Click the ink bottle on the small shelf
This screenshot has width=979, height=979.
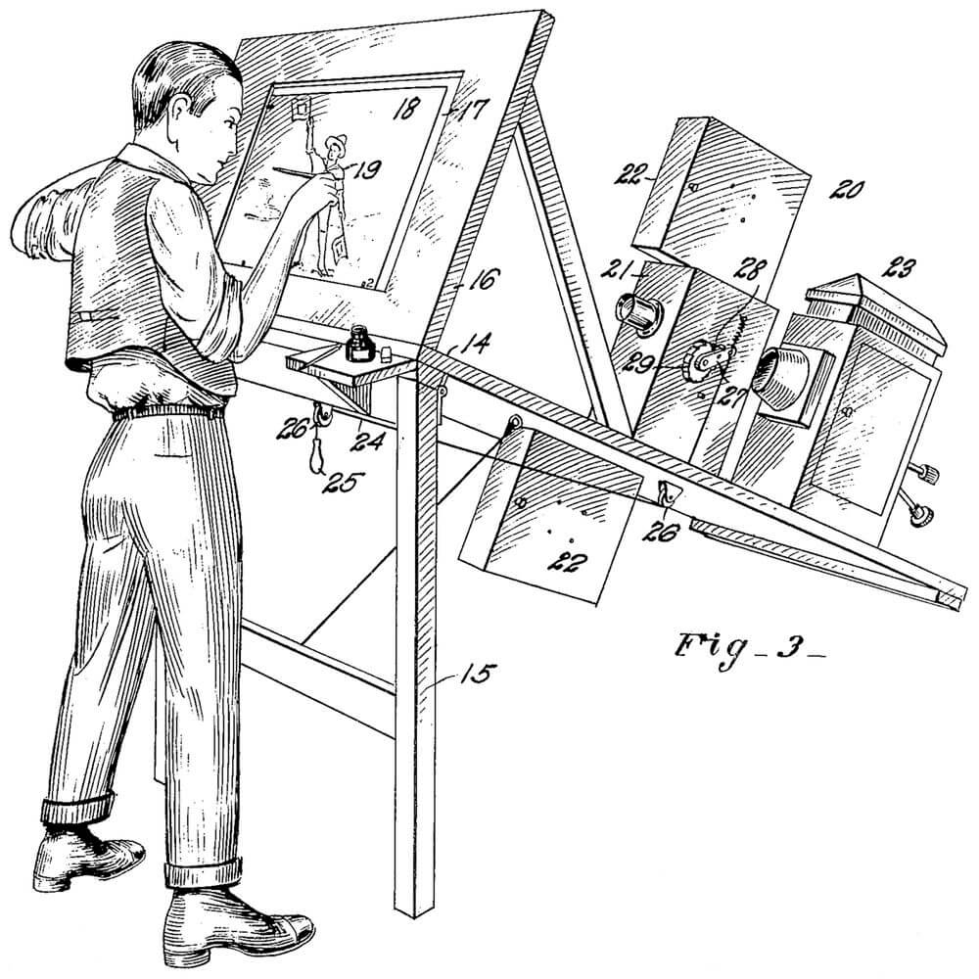(x=359, y=346)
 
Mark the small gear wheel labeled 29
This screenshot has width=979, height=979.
(x=701, y=362)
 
